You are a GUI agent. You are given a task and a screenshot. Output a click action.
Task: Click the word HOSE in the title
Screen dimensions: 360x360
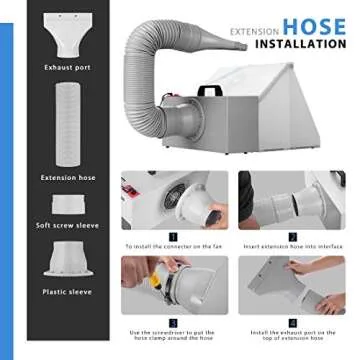click(313, 26)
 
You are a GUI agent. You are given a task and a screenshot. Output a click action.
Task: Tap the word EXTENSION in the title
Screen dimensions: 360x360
click(255, 31)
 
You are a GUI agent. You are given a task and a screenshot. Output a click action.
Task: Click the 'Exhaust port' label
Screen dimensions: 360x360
click(67, 67)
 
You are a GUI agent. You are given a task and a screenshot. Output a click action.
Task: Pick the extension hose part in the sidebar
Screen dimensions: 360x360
click(68, 125)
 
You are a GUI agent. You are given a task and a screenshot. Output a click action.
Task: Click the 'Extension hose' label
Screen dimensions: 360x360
click(68, 178)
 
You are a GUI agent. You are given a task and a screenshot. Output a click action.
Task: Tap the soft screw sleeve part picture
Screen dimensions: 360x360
click(68, 204)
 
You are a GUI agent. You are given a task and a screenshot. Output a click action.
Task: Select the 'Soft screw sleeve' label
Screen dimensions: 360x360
click(68, 225)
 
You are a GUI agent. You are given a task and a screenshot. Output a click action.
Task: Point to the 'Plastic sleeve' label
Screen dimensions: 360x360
click(68, 292)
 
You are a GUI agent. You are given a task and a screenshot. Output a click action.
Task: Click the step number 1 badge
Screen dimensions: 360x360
click(173, 236)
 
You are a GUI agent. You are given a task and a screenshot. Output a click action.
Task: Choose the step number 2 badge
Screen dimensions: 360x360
click(292, 236)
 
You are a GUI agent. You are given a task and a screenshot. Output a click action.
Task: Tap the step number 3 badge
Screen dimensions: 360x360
click(173, 322)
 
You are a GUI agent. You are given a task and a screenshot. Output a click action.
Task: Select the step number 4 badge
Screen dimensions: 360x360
click(292, 322)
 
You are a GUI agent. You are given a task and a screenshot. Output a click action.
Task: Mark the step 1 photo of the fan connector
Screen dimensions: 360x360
click(174, 200)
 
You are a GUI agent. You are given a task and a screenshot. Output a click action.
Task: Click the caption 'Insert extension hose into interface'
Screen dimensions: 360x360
click(293, 246)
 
